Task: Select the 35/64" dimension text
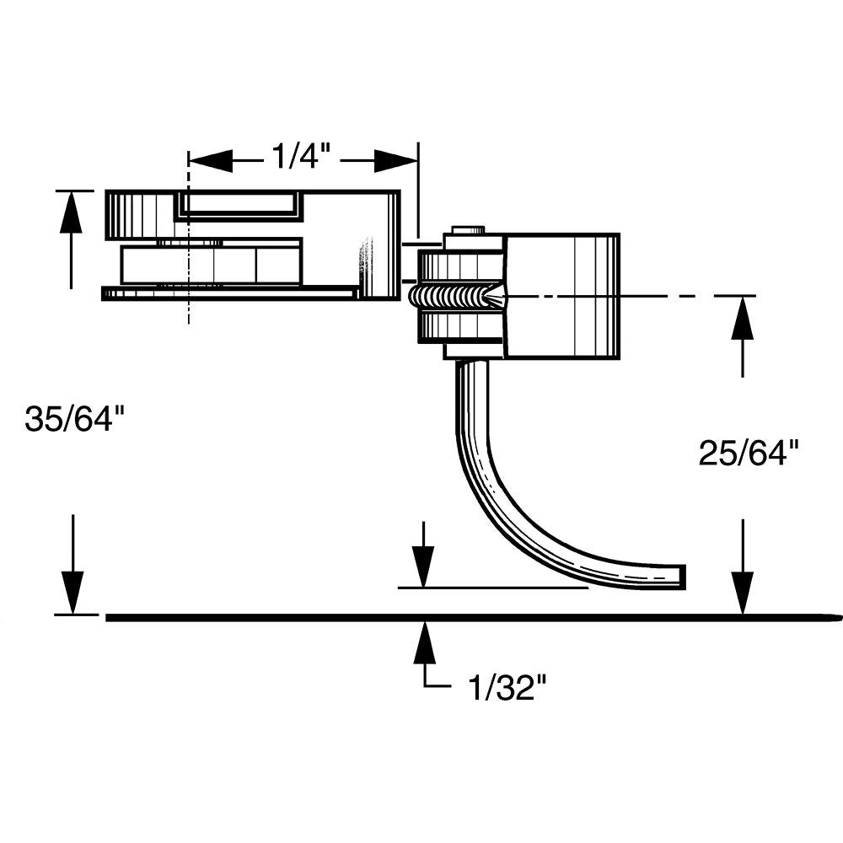80,419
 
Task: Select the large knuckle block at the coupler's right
561,295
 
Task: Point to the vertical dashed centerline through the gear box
190,312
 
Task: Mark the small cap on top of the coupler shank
469,230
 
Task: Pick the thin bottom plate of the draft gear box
228,293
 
